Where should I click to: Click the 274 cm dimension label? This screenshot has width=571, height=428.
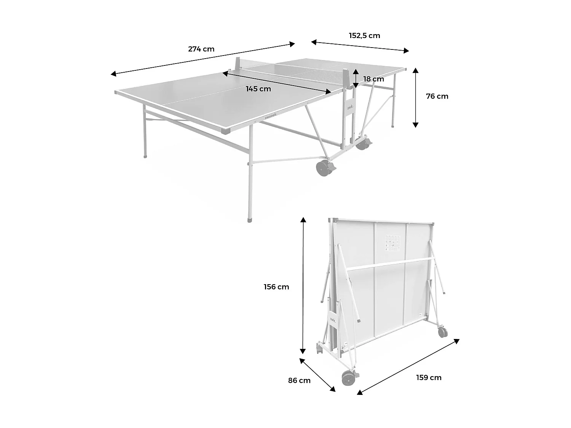201,49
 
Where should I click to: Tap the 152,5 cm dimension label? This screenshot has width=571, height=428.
364,36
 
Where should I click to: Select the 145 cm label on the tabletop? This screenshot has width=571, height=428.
258,89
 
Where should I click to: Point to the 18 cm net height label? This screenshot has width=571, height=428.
373,79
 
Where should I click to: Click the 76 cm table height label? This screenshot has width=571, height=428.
437,96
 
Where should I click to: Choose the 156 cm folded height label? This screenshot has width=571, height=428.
276,287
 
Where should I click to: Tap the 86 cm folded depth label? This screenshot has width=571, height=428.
299,380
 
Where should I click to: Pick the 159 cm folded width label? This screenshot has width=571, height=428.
429,377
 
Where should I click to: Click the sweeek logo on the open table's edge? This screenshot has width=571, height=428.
271,116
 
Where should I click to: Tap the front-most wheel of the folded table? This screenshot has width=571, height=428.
348,379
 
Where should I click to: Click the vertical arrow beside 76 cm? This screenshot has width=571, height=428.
415,97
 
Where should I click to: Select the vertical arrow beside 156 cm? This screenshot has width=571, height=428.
303,285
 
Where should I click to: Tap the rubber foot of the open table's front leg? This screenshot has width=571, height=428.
250,220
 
